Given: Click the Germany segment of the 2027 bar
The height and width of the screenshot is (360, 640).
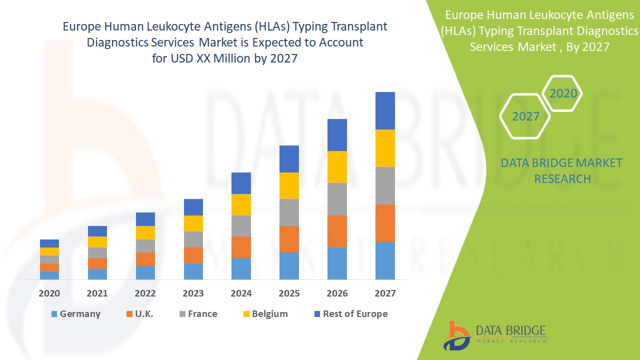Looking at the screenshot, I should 385,260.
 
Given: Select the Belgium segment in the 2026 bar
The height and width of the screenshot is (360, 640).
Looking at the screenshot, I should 337,167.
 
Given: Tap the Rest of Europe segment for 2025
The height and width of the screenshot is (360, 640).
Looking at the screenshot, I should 289,159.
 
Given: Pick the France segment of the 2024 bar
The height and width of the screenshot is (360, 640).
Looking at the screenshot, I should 241,226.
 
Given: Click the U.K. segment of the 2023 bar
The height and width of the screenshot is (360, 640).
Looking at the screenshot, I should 193,255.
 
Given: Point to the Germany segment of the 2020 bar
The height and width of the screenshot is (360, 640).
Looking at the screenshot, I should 49,275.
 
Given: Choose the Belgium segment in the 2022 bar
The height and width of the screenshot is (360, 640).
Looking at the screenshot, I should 145,232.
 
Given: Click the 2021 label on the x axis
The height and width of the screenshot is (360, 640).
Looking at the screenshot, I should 97,293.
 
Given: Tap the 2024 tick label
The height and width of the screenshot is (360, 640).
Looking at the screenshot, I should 241,293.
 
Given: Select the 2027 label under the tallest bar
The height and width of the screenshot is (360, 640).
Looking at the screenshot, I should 385,293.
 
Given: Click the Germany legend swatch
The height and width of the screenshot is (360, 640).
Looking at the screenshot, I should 54,314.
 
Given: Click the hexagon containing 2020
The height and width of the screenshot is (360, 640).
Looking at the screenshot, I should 563,93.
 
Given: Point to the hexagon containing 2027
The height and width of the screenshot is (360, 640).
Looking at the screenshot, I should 525,116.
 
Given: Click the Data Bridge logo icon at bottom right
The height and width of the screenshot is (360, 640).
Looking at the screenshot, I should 456,335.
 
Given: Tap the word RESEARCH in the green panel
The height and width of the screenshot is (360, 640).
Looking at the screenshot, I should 562,178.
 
